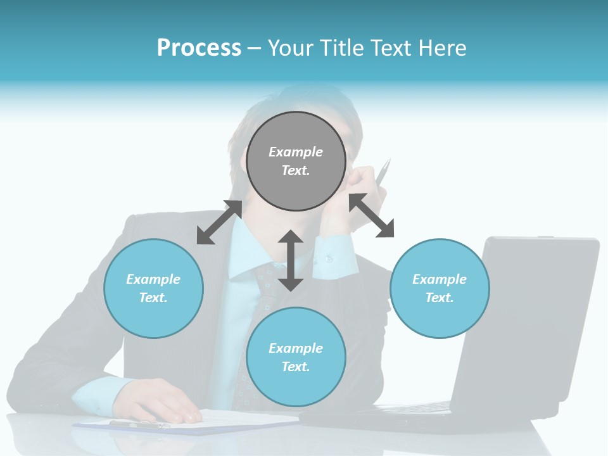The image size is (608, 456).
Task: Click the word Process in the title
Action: point(199,48)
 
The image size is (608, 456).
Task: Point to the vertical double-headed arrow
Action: point(291,260)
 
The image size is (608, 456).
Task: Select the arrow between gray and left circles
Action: point(219,222)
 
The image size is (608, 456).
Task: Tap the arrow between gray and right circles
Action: point(372,215)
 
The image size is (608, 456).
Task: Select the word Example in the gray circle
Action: point(296,152)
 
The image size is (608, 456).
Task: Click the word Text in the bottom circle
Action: point(294,367)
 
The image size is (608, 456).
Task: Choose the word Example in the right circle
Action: point(440,279)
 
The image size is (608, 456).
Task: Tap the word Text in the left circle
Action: point(152,298)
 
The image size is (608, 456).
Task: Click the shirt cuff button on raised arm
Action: point(329,258)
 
